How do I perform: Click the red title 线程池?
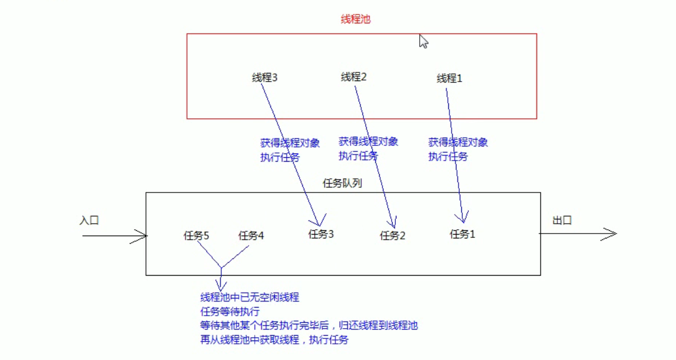[355, 19]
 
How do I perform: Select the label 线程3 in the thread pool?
[264, 78]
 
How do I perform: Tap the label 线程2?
[354, 77]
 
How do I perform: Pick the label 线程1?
[449, 78]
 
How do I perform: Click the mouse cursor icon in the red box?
[423, 42]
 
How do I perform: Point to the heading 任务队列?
[342, 183]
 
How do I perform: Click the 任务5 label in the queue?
[196, 236]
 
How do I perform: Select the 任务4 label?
[251, 236]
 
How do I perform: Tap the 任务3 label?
[321, 234]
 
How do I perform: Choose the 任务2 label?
[393, 235]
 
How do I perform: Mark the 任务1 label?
[462, 234]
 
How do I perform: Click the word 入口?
[89, 221]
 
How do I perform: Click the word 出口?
[562, 221]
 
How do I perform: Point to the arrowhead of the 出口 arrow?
[611, 234]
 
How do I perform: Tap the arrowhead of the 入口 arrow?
[142, 236]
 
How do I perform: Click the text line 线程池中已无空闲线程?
[249, 297]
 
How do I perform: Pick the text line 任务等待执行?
[230, 311]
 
